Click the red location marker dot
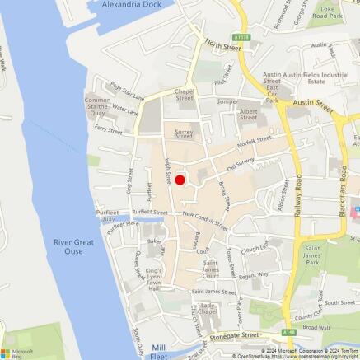pos(180,180)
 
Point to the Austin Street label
pos(312,105)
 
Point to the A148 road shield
pos(286,333)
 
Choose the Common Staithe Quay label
pos(98,105)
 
